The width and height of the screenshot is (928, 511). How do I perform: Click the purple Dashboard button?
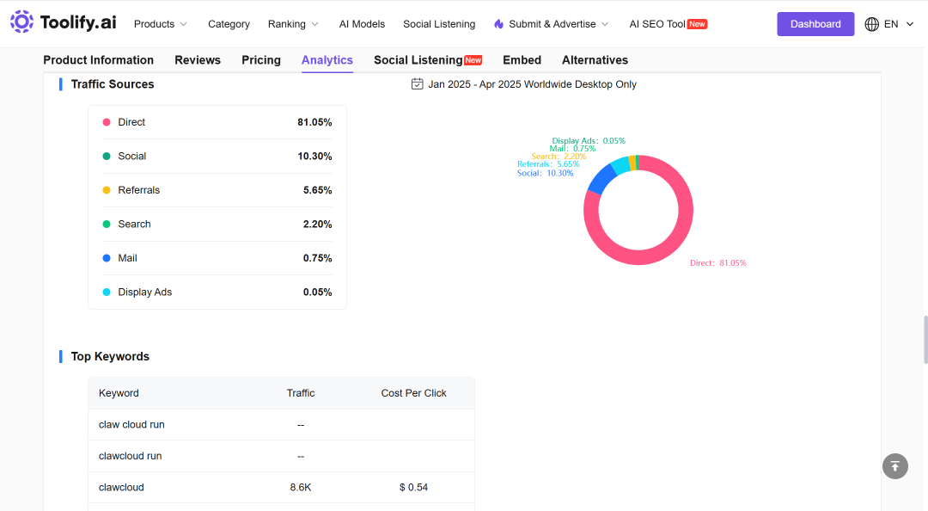point(815,24)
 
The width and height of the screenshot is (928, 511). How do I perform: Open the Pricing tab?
point(261,60)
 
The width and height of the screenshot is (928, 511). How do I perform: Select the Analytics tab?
point(327,60)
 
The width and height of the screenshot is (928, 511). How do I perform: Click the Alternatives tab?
point(595,60)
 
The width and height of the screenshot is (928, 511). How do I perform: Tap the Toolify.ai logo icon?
point(21,22)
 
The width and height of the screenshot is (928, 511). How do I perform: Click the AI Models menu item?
point(362,24)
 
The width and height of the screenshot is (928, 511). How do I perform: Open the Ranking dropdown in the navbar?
point(293,24)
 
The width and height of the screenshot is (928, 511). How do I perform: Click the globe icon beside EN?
point(872,24)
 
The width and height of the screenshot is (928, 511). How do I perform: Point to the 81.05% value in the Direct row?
point(314,122)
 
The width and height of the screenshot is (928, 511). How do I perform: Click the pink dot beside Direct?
point(107,122)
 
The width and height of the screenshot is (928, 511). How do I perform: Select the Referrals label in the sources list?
point(138,190)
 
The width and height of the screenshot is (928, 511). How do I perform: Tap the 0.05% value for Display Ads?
point(317,292)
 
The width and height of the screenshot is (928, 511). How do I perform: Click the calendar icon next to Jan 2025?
point(418,84)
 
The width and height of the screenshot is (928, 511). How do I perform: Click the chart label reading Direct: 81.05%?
point(717,262)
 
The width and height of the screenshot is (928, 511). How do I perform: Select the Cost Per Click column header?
point(413,393)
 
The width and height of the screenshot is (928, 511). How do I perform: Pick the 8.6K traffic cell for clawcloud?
point(301,487)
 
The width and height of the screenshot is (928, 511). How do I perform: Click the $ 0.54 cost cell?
point(413,487)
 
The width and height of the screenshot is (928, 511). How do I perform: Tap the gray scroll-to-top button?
point(894,466)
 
